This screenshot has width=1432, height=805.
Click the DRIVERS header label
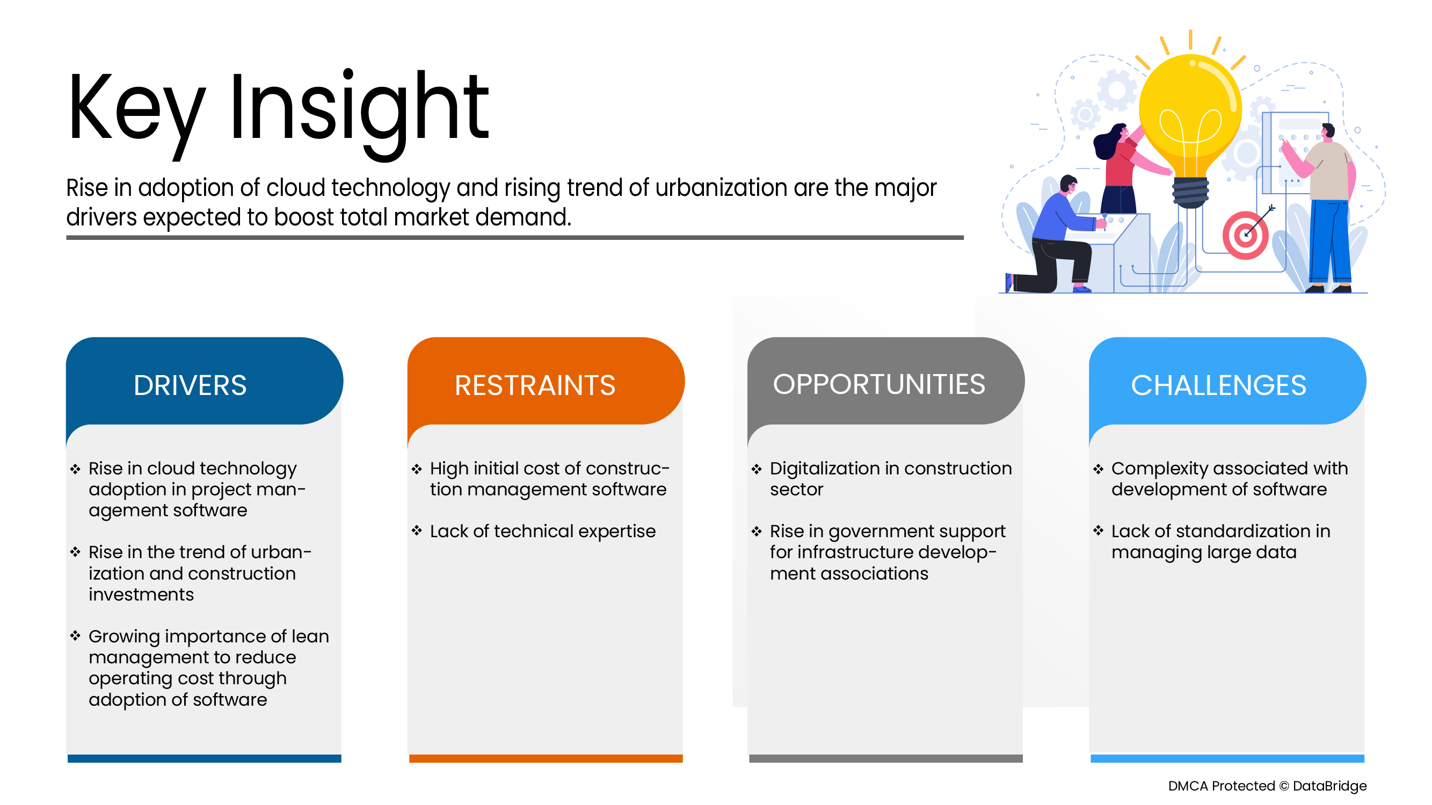[x=190, y=385]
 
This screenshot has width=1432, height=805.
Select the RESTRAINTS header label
[x=535, y=385]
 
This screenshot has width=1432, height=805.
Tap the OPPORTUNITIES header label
[x=879, y=384]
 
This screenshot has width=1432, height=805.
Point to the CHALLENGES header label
[x=1218, y=385]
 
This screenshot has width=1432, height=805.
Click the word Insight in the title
[x=359, y=114]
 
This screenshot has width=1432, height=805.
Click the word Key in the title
[x=136, y=114]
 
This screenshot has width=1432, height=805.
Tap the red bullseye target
[x=1245, y=235]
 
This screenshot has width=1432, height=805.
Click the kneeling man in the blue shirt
[x=1053, y=236]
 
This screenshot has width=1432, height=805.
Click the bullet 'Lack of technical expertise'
[x=542, y=532]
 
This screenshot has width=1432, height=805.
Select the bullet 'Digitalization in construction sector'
[x=891, y=479]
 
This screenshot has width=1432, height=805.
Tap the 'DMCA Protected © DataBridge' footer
[x=1268, y=786]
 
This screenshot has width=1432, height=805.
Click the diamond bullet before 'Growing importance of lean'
[x=76, y=635]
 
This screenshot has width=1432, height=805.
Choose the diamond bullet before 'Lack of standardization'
[x=1098, y=531]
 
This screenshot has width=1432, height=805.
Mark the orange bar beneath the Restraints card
[x=546, y=759]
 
